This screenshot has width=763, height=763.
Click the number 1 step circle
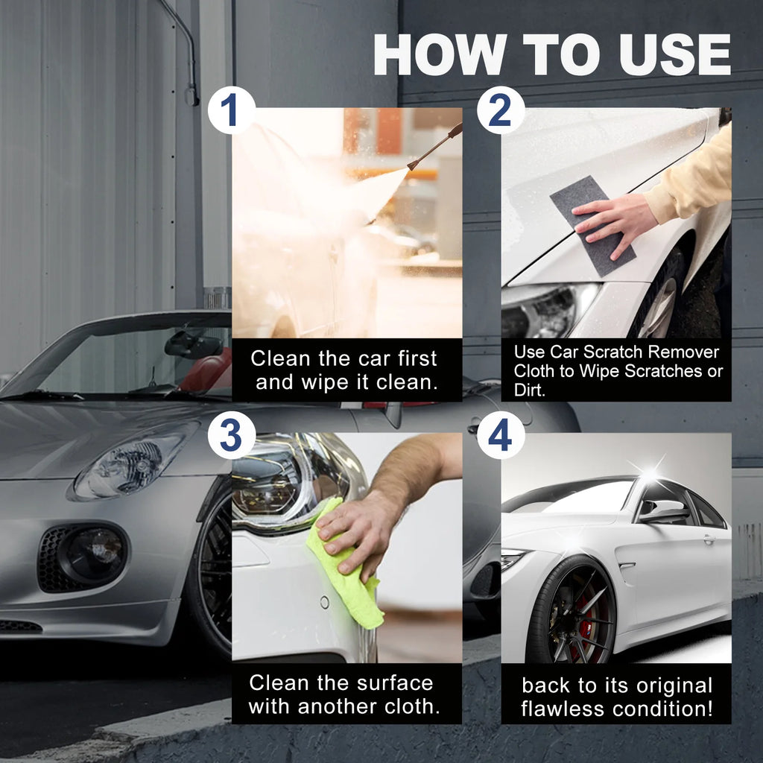tap(231, 110)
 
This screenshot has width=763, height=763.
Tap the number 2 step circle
tap(500, 110)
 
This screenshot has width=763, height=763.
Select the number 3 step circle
tap(231, 435)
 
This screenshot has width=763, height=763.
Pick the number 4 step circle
tap(500, 435)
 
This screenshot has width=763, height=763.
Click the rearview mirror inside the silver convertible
tap(192, 344)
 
